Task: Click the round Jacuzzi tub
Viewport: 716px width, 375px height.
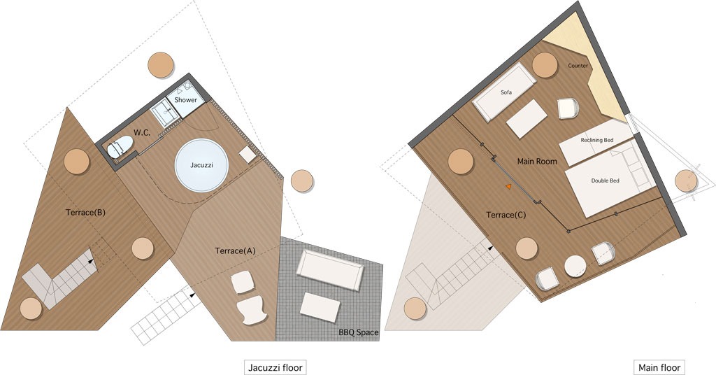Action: (x=201, y=165)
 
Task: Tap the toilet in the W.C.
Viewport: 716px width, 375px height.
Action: (x=120, y=147)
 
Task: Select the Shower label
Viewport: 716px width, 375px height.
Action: (x=186, y=99)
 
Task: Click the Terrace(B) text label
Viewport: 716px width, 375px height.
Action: (x=85, y=213)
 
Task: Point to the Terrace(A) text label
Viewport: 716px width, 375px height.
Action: (x=235, y=250)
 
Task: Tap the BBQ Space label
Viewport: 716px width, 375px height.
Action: (x=359, y=332)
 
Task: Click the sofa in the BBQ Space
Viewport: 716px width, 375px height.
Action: (x=330, y=269)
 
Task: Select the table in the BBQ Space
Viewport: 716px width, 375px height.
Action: (x=320, y=307)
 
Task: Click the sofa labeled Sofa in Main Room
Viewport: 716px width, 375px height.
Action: (x=504, y=92)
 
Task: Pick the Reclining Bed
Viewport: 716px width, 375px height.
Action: (x=596, y=142)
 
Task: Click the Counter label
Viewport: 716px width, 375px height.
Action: (x=578, y=66)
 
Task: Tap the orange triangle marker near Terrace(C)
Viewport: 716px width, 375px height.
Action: (x=508, y=186)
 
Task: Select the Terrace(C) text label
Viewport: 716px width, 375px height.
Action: (x=506, y=215)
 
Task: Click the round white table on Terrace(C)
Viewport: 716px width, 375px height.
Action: (x=575, y=267)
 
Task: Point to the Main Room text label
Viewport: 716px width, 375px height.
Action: (x=537, y=161)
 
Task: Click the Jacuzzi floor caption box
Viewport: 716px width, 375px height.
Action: (x=275, y=368)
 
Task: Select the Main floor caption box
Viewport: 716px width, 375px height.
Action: (x=659, y=368)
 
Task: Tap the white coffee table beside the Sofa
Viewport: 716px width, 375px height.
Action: (x=527, y=118)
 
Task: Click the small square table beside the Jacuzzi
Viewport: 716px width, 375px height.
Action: (x=248, y=155)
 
